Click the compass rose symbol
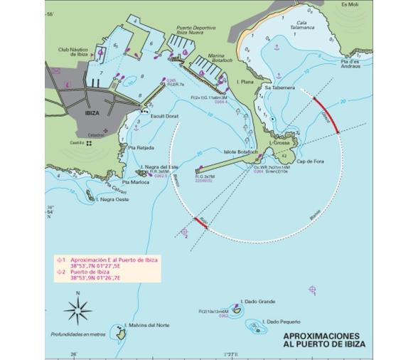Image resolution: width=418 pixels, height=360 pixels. (x=78, y=309)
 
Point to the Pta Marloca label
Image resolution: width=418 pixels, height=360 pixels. (x=135, y=182)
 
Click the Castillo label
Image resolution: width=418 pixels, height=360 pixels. (x=77, y=143)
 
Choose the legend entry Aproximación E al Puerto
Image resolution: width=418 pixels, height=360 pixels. (x=114, y=260)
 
